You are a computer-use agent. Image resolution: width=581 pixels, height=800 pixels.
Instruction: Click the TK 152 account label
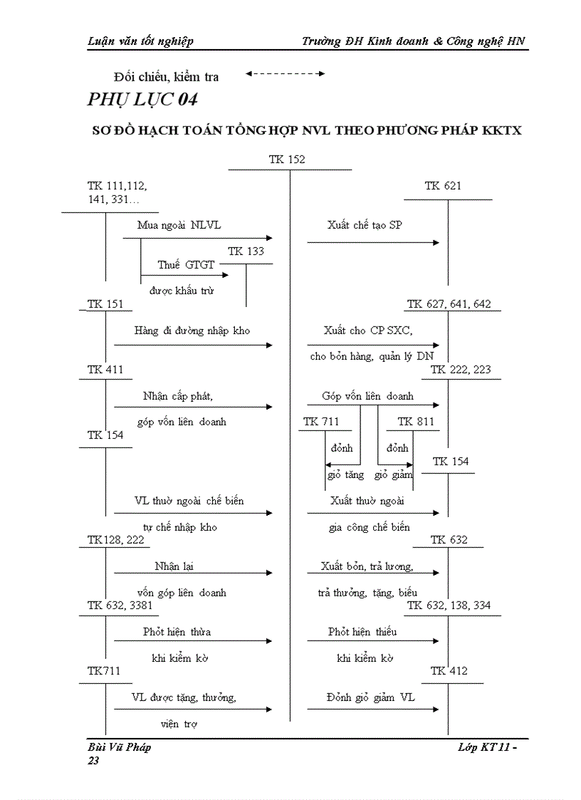[287, 160]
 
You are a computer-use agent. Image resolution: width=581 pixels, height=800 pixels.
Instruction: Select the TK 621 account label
[443, 186]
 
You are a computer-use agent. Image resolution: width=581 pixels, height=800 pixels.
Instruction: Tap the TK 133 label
[246, 251]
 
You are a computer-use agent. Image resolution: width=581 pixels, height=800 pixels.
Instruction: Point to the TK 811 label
[415, 422]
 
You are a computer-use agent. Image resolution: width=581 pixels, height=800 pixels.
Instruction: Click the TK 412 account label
[449, 671]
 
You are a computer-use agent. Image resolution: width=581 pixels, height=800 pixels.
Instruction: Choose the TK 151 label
[105, 304]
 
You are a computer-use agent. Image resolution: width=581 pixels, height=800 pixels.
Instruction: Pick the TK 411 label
[105, 370]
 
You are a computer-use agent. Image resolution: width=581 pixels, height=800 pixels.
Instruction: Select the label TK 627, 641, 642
[449, 304]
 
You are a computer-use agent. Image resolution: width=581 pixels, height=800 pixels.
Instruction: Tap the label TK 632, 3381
[120, 606]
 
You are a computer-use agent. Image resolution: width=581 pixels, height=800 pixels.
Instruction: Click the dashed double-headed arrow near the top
[285, 73]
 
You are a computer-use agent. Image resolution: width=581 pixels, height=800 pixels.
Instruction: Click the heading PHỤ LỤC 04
[142, 99]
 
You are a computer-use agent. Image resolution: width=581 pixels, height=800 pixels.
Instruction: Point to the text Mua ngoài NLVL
[179, 225]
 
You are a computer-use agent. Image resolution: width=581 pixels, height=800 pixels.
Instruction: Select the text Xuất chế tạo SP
[365, 225]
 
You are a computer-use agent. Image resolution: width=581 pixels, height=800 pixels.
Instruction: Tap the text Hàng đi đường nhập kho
[192, 331]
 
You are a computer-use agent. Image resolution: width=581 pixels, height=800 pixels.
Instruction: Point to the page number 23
[93, 761]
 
